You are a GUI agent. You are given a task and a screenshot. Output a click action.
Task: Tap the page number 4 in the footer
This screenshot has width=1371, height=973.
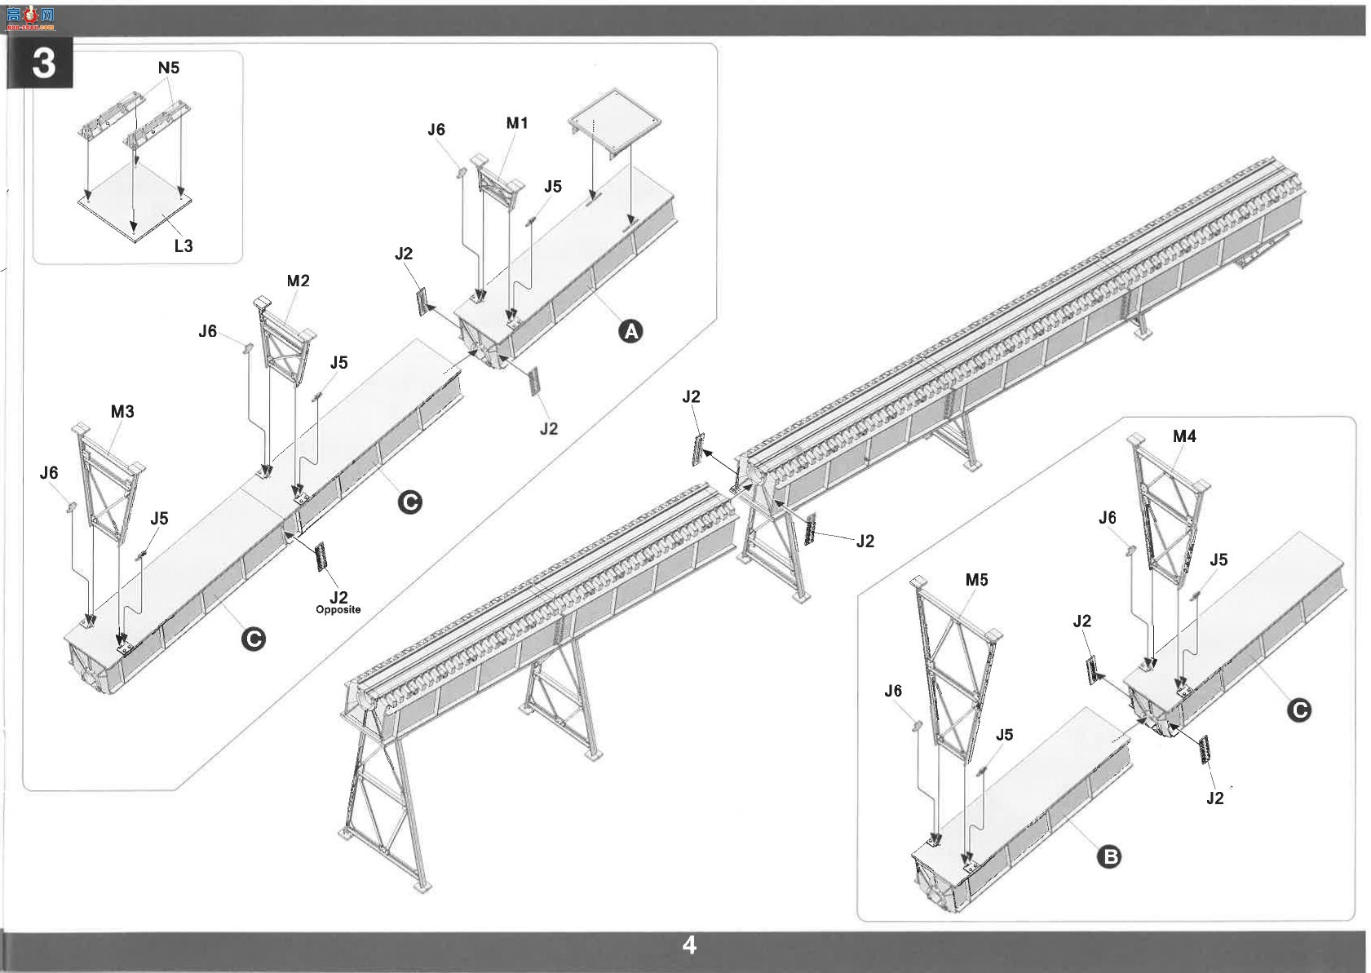pyautogui.click(x=689, y=945)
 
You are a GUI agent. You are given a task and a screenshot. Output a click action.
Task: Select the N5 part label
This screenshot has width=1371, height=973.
pyautogui.click(x=169, y=68)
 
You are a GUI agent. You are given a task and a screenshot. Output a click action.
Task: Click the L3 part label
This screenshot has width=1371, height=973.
pyautogui.click(x=183, y=246)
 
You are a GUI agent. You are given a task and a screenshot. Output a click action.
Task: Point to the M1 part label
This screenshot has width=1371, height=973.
pyautogui.click(x=516, y=123)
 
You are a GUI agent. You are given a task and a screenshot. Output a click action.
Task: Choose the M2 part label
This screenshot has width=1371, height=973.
pyautogui.click(x=298, y=281)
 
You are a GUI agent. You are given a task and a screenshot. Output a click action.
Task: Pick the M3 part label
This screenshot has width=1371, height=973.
pyautogui.click(x=122, y=412)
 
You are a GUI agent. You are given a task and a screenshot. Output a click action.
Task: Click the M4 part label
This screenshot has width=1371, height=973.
pyautogui.click(x=1184, y=436)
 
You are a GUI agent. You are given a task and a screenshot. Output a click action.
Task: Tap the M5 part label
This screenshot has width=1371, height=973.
pyautogui.click(x=977, y=580)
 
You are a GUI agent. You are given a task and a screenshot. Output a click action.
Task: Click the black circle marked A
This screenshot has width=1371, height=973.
pyautogui.click(x=630, y=331)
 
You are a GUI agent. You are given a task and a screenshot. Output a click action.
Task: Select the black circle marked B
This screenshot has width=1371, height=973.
pyautogui.click(x=1109, y=856)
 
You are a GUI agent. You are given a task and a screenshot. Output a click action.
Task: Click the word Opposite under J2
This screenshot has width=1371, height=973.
pyautogui.click(x=338, y=609)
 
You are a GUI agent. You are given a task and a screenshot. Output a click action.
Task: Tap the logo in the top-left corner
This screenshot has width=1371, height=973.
pyautogui.click(x=31, y=19)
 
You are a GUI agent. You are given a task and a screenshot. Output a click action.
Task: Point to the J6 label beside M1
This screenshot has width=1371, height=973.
pyautogui.click(x=436, y=130)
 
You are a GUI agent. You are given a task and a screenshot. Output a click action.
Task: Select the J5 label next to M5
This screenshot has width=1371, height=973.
pyautogui.click(x=1004, y=735)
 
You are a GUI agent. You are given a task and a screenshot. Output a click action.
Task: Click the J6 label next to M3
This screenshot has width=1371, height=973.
pyautogui.click(x=49, y=473)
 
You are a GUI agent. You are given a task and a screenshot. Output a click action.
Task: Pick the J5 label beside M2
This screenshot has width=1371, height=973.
pyautogui.click(x=338, y=363)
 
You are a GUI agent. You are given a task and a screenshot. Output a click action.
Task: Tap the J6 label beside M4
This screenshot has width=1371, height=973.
pyautogui.click(x=1108, y=519)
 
